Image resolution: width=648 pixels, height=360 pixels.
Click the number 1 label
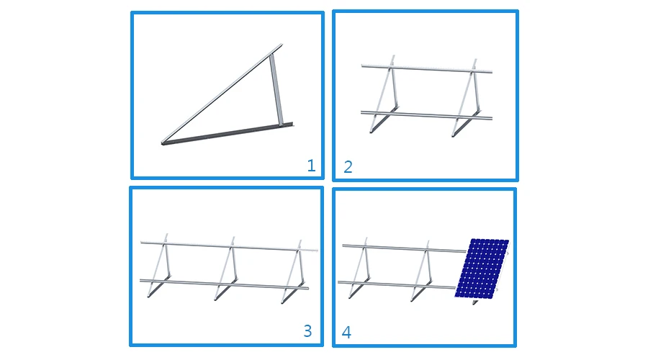(311, 166)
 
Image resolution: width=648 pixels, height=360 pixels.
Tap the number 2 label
(348, 167)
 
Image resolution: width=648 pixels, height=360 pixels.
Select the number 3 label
(307, 330)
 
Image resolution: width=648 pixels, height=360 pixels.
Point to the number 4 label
(346, 333)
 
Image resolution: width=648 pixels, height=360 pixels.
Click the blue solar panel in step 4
(482, 267)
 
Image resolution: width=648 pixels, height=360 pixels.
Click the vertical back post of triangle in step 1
(276, 90)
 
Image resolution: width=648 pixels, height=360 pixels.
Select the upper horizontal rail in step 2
(425, 68)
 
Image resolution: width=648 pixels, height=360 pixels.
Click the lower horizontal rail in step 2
(425, 115)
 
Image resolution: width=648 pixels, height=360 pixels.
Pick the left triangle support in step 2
(382, 97)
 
